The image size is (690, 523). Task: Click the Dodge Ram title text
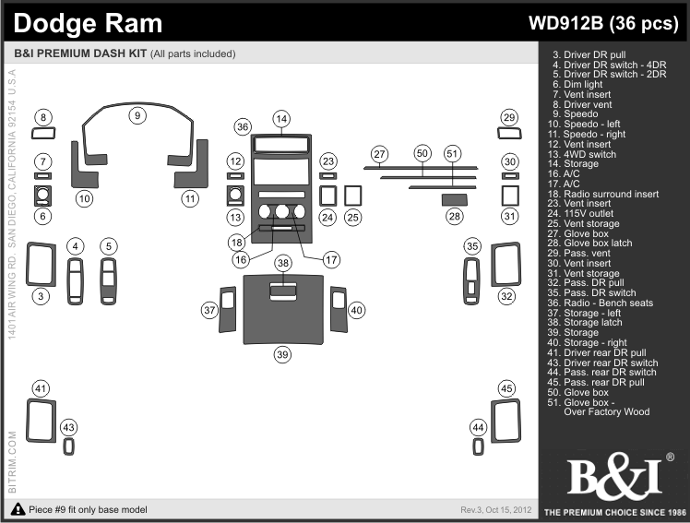pos(89,23)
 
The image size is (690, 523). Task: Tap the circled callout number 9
pos(137,115)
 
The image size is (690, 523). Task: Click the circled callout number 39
pos(282,354)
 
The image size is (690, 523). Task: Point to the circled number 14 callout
pos(281,118)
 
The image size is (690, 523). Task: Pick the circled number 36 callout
pos(243,126)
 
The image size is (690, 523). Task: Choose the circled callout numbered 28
pos(454,217)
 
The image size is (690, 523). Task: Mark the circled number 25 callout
pos(352,218)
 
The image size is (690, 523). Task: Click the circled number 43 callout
pos(69,427)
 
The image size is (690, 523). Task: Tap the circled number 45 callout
pos(506,388)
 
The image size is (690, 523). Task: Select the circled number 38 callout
pos(282,264)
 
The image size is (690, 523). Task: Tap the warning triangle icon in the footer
pos(18,510)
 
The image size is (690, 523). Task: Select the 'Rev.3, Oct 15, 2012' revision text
pos(495,510)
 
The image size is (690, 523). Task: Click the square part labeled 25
pos(352,196)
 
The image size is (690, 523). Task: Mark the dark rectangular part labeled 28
pos(454,197)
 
